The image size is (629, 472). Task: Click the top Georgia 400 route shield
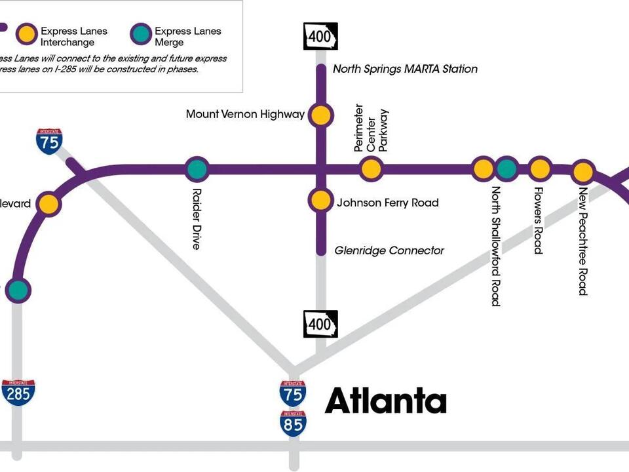pos(320,37)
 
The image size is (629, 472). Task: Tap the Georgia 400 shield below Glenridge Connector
pos(320,324)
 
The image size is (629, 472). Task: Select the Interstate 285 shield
pos(18,392)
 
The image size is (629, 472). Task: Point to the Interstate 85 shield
pos(292,423)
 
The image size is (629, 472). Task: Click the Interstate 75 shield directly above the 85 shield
pos(292,393)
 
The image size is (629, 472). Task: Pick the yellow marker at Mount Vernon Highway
pos(320,115)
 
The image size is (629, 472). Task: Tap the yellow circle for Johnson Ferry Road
pos(320,201)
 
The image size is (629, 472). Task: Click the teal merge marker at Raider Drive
pos(197,169)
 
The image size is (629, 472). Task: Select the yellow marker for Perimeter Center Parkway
pos(371,169)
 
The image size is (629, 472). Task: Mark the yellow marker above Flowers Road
pos(539,168)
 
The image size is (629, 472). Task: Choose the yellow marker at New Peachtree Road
pos(582,172)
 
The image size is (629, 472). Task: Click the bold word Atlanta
pos(386,401)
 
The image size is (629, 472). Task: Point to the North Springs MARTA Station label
pos(405,69)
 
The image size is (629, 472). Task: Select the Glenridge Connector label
pos(389,250)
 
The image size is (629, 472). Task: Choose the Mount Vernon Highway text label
pos(245,115)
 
